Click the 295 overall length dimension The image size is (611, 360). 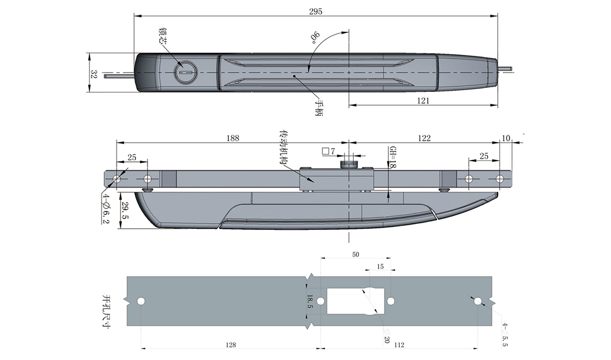[x=316, y=12]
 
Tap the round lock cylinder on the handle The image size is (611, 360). [x=185, y=72]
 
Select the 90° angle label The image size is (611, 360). [x=314, y=38]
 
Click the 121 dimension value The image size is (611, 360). [x=423, y=100]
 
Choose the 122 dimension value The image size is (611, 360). [x=424, y=138]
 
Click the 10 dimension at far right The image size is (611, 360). [x=506, y=138]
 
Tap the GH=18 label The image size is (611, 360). [x=392, y=157]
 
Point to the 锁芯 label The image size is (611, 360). [x=163, y=36]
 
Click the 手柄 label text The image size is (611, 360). [x=319, y=108]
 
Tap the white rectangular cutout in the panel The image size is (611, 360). [x=355, y=301]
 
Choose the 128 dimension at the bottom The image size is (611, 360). [x=230, y=345]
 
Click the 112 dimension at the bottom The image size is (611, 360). [x=399, y=345]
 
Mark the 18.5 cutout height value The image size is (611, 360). [x=310, y=301]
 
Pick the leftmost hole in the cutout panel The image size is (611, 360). [x=141, y=301]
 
